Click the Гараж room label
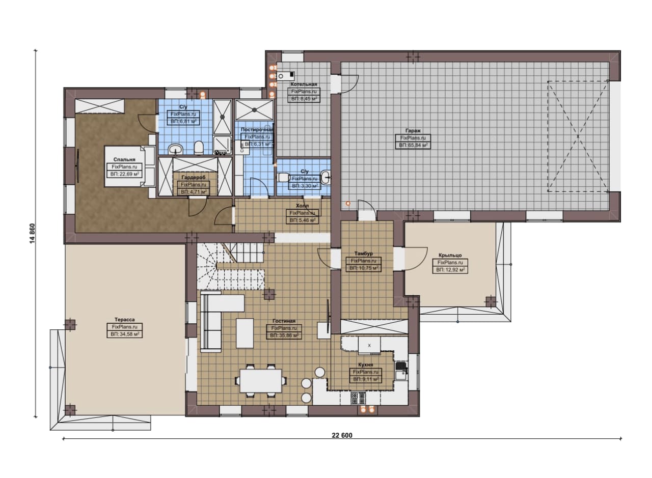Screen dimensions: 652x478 click(413, 131)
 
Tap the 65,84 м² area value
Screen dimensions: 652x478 click(413, 145)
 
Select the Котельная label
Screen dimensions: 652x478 click(304, 85)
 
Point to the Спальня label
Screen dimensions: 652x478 click(124, 159)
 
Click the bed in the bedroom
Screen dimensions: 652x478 click(129, 166)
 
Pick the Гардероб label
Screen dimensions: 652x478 click(193, 177)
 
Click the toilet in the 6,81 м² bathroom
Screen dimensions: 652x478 click(199, 148)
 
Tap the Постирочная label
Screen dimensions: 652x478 click(257, 129)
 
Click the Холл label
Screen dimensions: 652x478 click(302, 206)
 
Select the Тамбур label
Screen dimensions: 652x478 click(363, 254)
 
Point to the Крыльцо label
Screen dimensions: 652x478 click(450, 255)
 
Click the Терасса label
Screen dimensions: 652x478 click(125, 320)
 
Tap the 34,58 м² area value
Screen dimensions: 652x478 click(125, 334)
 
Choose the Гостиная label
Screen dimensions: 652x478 click(284, 321)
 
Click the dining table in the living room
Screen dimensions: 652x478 click(260, 381)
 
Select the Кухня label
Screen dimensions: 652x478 click(365, 364)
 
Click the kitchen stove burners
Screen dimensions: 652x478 click(358, 398)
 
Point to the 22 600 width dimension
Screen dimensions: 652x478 click(342, 435)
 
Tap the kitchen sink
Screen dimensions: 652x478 click(401, 371)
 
